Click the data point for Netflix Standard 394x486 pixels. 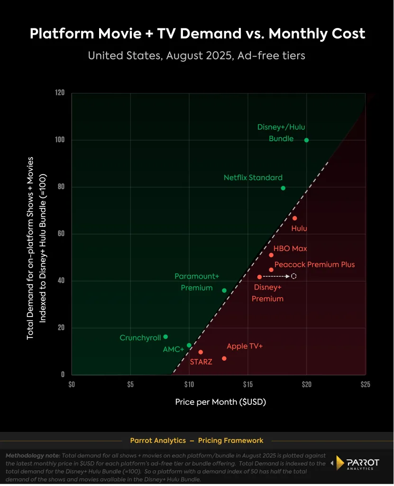point(283,188)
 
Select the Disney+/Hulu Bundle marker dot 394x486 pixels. point(306,140)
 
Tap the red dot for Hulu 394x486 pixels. point(294,218)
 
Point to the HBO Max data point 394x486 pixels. point(271,255)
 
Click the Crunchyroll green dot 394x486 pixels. point(165,337)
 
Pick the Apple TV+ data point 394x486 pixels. point(224,358)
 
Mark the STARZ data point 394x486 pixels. point(201,352)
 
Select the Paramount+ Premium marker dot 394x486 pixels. point(224,290)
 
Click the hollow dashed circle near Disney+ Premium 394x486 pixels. point(294,276)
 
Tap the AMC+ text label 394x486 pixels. point(173,349)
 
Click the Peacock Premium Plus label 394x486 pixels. point(314,264)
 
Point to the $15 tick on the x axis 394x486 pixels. point(248,383)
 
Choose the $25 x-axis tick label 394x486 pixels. point(365,383)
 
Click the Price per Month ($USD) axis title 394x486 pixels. point(220,402)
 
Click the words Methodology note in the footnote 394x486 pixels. point(33,456)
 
